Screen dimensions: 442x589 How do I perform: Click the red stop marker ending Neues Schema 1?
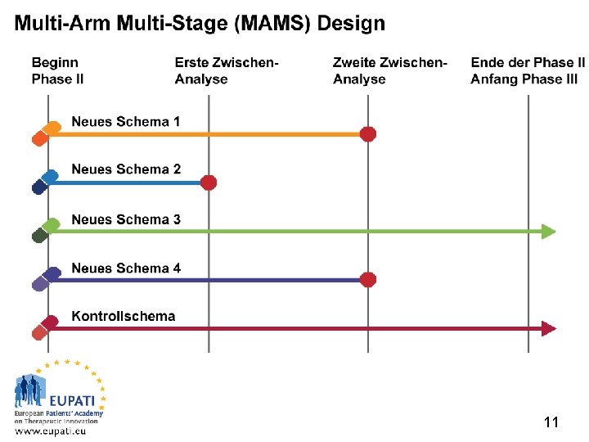pos(368,133)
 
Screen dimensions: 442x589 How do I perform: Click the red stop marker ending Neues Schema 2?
pos(209,183)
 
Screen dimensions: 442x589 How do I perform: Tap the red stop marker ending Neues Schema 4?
pos(368,280)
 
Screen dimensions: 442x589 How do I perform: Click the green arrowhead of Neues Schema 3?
pos(549,232)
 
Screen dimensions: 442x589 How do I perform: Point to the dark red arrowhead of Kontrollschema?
pos(549,328)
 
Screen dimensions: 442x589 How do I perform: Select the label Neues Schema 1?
pos(126,122)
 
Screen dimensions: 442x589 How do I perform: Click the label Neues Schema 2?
pos(126,169)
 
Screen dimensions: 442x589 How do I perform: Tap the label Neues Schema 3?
pos(126,219)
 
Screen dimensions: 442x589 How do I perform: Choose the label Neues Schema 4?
pos(126,268)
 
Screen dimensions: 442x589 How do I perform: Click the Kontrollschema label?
pos(123,316)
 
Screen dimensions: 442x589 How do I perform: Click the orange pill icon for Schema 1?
pos(45,133)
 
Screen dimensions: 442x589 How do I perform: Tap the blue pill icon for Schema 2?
pos(44,182)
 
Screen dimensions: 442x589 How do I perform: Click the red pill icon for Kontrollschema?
pos(45,327)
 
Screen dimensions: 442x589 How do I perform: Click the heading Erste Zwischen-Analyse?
pos(227,71)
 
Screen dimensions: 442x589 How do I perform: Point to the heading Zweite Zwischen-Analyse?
pos(390,71)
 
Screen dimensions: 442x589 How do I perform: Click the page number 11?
pos(551,422)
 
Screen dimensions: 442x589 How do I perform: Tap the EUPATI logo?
pos(60,397)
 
